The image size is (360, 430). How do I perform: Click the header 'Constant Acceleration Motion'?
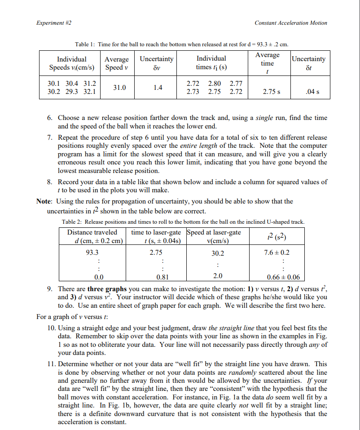tap(290, 23)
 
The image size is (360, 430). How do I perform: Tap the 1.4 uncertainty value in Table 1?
tap(157, 88)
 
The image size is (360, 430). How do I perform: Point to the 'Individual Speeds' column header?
tap(72, 63)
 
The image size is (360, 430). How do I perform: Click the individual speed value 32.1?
tap(90, 92)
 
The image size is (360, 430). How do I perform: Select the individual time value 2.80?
tap(215, 84)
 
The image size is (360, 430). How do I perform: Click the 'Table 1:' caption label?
tap(85, 44)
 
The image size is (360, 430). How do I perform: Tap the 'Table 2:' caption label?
tap(71, 222)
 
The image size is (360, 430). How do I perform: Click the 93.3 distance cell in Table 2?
tap(92, 253)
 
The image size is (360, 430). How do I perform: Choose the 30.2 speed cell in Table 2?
tap(217, 253)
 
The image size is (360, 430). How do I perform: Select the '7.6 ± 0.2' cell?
tap(277, 253)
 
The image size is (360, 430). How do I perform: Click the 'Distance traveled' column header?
tap(92, 232)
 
